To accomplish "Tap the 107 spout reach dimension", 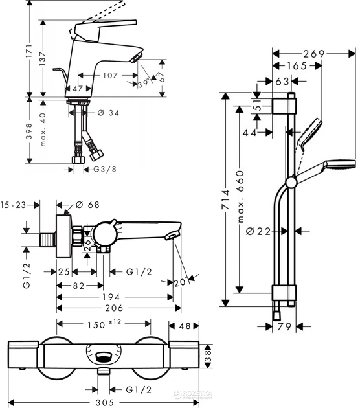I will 111,75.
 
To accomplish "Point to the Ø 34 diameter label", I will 109,113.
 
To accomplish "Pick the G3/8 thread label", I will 104,170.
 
